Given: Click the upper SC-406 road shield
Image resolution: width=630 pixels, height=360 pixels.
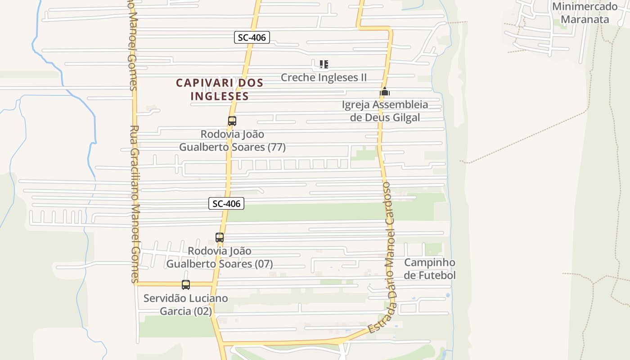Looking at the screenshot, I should click(x=252, y=37).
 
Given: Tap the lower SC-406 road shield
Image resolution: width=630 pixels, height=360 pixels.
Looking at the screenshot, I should click(x=227, y=203).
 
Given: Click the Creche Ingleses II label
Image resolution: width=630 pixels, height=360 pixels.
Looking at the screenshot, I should click(x=324, y=77).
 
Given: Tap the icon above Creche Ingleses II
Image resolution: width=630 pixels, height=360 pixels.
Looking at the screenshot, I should click(x=324, y=64).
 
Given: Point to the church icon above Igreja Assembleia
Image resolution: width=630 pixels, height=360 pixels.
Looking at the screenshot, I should click(x=385, y=92).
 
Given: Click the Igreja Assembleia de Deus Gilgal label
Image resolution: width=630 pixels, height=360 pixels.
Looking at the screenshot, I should click(x=385, y=111).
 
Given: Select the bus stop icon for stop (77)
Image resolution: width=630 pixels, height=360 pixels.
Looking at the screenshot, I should click(x=232, y=121).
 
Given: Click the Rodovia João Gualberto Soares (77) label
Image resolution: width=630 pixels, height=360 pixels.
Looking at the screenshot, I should click(x=232, y=141).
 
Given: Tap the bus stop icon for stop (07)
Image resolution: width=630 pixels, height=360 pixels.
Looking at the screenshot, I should click(x=220, y=238).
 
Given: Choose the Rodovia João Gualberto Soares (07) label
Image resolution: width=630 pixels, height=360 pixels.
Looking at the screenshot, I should click(x=220, y=257).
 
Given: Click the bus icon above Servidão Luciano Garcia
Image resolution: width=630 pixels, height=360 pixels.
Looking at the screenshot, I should click(x=186, y=285).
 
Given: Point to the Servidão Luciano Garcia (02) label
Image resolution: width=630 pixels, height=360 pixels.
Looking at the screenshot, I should click(x=186, y=305).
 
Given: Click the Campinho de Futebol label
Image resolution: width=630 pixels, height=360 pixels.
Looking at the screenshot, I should click(x=430, y=269).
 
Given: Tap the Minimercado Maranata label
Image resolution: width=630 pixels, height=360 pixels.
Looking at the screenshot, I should click(x=585, y=13).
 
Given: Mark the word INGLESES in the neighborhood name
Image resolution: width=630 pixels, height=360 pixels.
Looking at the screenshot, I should click(x=220, y=96).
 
